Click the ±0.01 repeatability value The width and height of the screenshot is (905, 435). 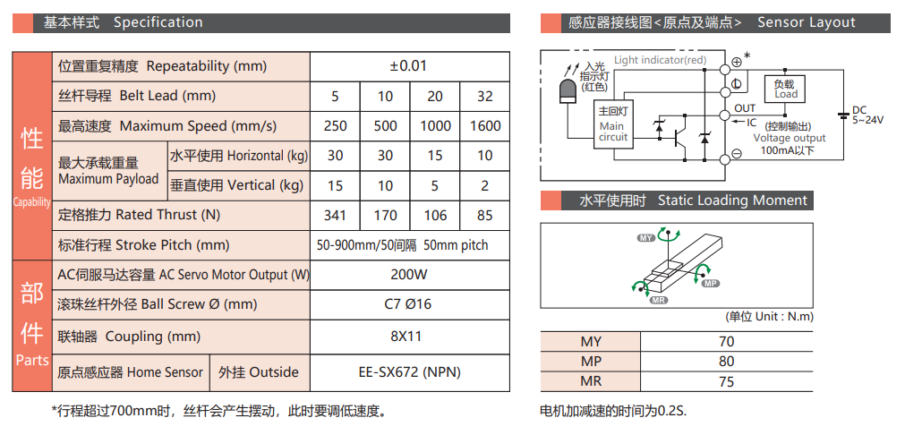pos(409,66)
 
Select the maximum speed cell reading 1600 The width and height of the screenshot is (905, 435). pos(484,126)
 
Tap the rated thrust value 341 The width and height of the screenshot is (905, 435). pos(335,215)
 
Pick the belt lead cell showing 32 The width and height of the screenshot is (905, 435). pos(484,97)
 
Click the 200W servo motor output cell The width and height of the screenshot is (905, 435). pos(409,275)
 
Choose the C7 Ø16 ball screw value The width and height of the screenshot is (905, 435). pos(409,304)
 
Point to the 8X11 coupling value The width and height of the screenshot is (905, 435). pos(409,337)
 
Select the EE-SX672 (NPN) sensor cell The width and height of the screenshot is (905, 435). pos(409,372)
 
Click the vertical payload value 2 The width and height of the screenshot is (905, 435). pos(484,185)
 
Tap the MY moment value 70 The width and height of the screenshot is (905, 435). pos(726,341)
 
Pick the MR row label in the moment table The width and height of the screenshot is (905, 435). pos(591,381)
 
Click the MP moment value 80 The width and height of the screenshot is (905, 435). pos(726,362)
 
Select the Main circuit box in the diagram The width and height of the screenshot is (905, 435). pos(613,126)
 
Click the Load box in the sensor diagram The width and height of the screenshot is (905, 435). pos(786,89)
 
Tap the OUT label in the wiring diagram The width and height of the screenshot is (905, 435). pos(745,108)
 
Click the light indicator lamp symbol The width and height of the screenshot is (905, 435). pos(568,93)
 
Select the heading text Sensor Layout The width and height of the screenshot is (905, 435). pos(807,22)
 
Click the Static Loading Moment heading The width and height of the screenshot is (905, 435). pos(732,200)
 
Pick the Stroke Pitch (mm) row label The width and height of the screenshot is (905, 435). pos(143,245)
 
